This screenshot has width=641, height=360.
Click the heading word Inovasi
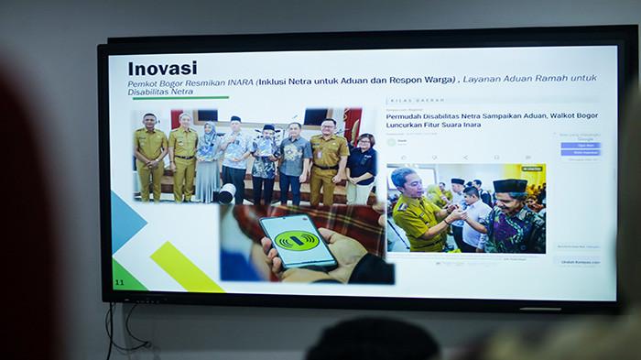pos(162,69)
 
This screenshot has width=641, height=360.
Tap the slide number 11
pos(119,281)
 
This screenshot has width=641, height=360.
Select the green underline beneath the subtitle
pos(179,98)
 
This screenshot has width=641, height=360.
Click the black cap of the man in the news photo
pos(510,185)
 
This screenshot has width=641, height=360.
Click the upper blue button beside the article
pos(581,145)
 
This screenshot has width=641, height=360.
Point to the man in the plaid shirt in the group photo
pos(263,160)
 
